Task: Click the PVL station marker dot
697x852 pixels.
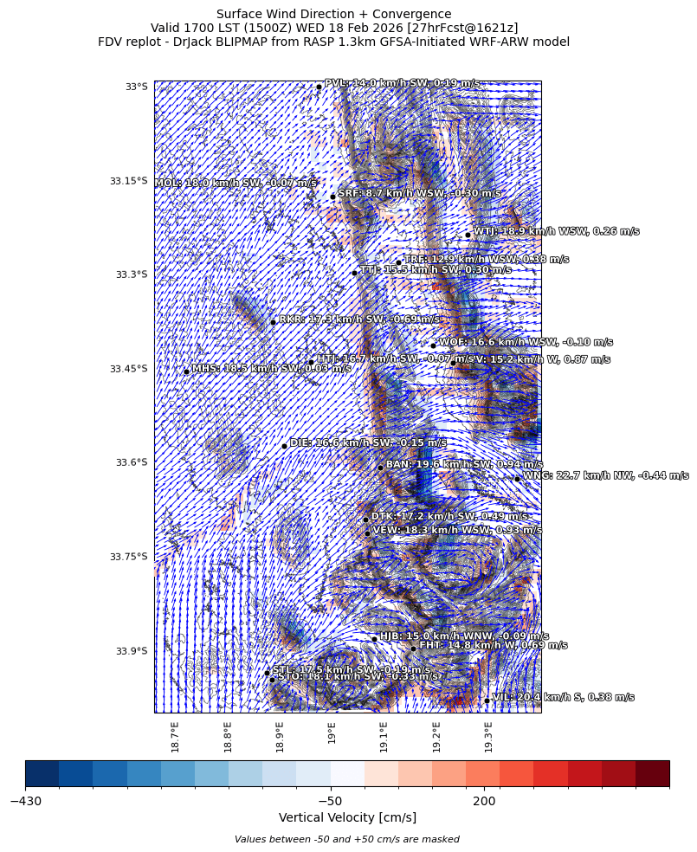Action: pos(319,87)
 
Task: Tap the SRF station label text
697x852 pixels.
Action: pos(419,194)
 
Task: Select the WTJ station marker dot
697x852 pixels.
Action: pos(468,235)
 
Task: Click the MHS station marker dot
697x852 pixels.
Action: pos(186,372)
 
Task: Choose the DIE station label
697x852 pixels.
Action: pos(368,442)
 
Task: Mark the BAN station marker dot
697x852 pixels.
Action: pos(380,468)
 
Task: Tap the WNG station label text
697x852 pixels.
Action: pos(606,475)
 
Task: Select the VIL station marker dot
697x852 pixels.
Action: pos(487,700)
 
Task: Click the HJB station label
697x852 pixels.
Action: pos(464,636)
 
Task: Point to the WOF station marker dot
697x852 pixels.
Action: pos(433,345)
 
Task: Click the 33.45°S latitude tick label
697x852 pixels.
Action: pos(128,369)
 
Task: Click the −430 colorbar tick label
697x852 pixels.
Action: pos(26,802)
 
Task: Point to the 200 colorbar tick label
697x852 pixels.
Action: pos(484,802)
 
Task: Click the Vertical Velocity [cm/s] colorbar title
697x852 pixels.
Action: pos(347,817)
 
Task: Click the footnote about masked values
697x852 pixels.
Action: pos(347,839)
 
